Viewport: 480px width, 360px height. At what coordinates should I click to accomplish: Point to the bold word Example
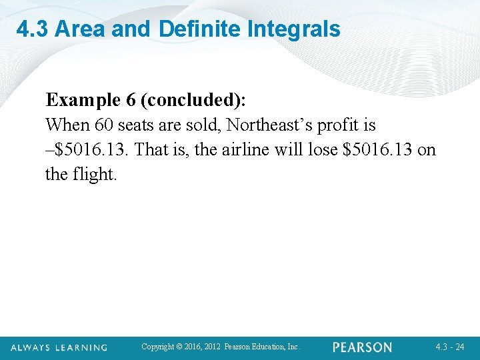tap(81, 101)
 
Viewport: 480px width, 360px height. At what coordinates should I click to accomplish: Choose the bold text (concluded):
tap(193, 101)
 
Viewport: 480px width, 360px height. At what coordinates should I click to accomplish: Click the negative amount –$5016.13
tap(85, 150)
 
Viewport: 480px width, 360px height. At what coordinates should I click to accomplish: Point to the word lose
tap(323, 150)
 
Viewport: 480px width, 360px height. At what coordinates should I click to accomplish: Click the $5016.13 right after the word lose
tap(377, 150)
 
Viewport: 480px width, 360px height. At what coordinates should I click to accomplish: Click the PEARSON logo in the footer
tap(362, 347)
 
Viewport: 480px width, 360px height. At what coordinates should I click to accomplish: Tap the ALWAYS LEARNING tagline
tap(59, 347)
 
